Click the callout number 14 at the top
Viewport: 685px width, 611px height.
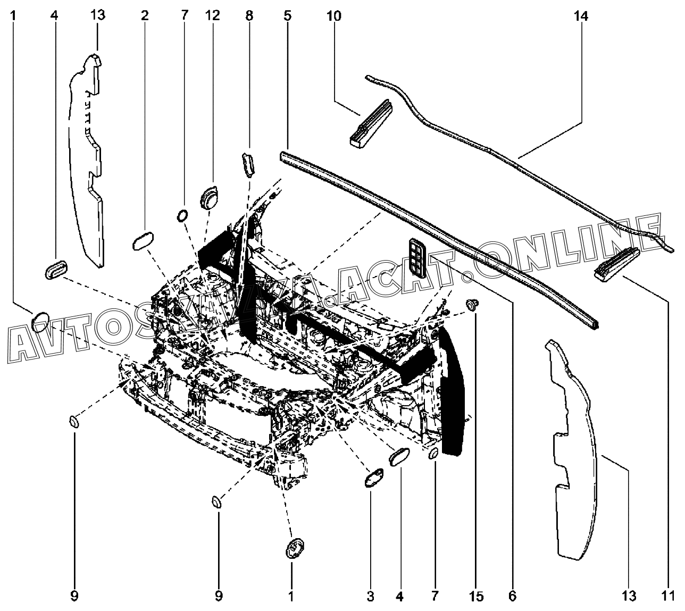click(x=581, y=16)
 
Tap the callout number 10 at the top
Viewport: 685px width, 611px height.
click(x=335, y=16)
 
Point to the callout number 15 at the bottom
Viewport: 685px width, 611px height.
click(x=476, y=596)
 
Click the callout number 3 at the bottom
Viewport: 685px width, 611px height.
click(x=370, y=596)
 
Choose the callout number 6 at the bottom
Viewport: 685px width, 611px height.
click(x=512, y=596)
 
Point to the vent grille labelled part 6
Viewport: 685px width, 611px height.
click(x=416, y=258)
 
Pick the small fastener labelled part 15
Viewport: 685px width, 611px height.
click(x=471, y=304)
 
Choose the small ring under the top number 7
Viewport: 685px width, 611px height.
click(x=182, y=215)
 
